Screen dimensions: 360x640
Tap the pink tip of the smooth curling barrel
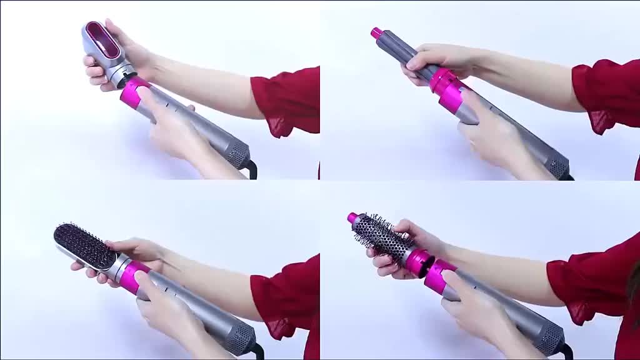[376, 32]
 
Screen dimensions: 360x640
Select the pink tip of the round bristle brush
[353, 218]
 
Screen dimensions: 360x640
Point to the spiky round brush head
[381, 238]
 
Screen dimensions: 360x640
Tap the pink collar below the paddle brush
[133, 276]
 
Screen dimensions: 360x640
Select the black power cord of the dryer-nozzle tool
[252, 169]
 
